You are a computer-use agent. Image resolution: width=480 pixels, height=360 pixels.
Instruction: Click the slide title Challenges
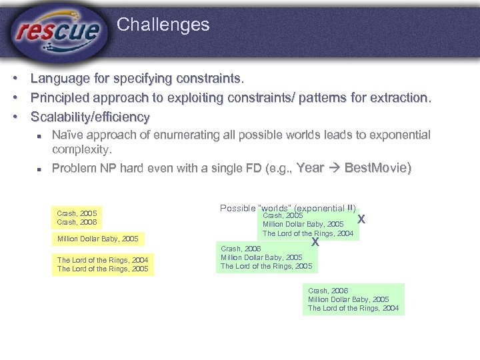click(163, 25)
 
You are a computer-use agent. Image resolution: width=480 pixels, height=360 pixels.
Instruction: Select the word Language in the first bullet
click(60, 79)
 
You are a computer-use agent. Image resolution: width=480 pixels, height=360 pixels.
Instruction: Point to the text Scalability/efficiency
click(90, 117)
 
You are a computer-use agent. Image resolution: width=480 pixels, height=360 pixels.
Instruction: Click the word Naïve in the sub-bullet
click(68, 135)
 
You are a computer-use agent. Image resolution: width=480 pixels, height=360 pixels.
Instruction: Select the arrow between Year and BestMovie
click(335, 168)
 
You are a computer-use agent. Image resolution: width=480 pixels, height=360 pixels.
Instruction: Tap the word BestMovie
click(377, 168)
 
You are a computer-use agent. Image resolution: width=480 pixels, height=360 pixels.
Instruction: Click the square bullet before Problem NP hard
click(40, 169)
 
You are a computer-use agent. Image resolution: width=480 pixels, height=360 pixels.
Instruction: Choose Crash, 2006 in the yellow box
click(77, 222)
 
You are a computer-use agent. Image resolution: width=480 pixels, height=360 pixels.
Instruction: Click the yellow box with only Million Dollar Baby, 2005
click(97, 239)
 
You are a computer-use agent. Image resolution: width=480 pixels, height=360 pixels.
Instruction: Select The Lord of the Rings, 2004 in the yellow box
click(103, 260)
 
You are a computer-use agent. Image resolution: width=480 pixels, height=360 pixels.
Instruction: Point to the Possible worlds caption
click(287, 208)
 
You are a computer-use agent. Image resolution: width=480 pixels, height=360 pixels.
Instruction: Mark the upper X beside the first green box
click(361, 219)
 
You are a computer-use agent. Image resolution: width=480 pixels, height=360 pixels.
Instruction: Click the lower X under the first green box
click(315, 242)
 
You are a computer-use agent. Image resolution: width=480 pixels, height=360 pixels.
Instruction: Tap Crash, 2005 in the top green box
click(283, 215)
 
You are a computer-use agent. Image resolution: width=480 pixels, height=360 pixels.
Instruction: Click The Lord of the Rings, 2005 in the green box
click(266, 266)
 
